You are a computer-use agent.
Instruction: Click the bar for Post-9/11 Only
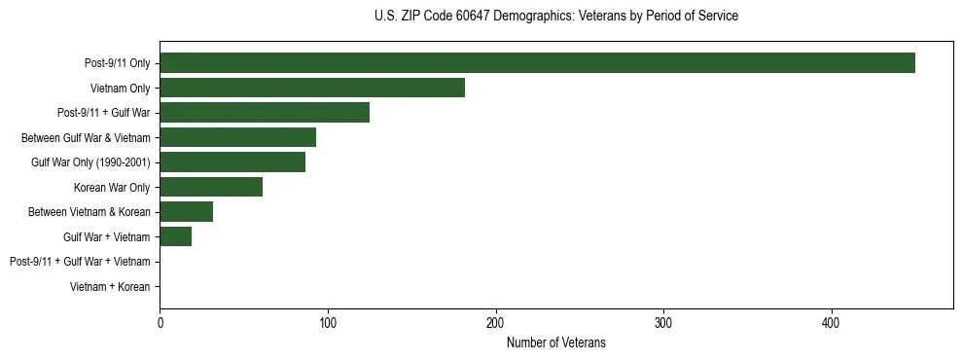coord(537,63)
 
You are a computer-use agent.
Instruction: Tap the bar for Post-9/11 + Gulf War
coord(265,113)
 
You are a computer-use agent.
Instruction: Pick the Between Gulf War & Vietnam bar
coord(237,137)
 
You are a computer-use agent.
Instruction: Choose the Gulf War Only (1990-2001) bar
coord(232,162)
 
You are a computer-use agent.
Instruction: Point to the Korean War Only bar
coord(211,187)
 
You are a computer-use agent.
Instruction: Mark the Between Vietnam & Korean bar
coord(186,212)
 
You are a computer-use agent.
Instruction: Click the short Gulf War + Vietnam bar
coord(175,236)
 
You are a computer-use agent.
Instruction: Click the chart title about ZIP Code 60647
coord(555,17)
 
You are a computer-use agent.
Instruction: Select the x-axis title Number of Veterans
coord(555,342)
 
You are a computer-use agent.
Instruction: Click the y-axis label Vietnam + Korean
coord(110,287)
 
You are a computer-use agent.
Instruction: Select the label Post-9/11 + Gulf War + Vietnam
coord(80,262)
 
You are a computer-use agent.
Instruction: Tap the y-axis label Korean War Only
coord(112,188)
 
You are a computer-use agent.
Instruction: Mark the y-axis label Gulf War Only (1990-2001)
coord(90,162)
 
